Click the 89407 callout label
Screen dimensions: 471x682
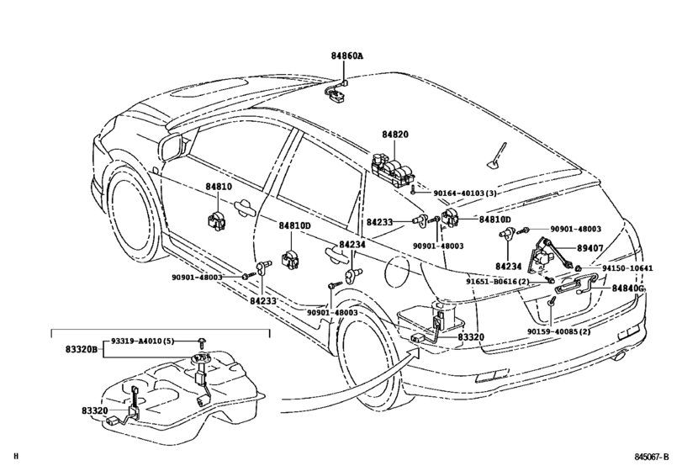click(x=589, y=248)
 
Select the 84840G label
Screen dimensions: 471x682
click(x=628, y=288)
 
